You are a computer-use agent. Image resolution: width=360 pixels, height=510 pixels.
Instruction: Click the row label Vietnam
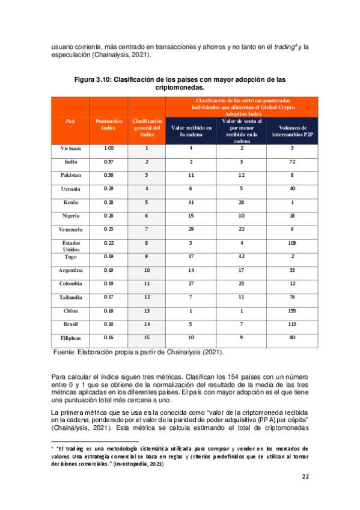(70, 148)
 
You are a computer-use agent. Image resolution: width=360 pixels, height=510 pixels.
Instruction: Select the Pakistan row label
(70, 175)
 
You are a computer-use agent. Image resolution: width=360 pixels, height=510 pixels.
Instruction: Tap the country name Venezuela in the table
(70, 229)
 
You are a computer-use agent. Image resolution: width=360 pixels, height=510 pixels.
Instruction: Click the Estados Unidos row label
(70, 246)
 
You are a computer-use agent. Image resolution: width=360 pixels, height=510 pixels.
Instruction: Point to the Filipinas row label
(70, 337)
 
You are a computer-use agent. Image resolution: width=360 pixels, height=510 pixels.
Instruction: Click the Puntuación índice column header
(108, 124)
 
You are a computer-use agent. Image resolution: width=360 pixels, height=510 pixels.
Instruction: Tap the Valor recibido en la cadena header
(191, 131)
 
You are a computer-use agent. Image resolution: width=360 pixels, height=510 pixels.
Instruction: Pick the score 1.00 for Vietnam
(108, 148)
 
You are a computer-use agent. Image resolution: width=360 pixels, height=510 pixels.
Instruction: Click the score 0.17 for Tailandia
(108, 296)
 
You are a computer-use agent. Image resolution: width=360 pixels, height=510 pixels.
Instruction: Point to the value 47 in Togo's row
(191, 256)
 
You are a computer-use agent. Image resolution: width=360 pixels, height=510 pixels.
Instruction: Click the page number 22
(305, 477)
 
